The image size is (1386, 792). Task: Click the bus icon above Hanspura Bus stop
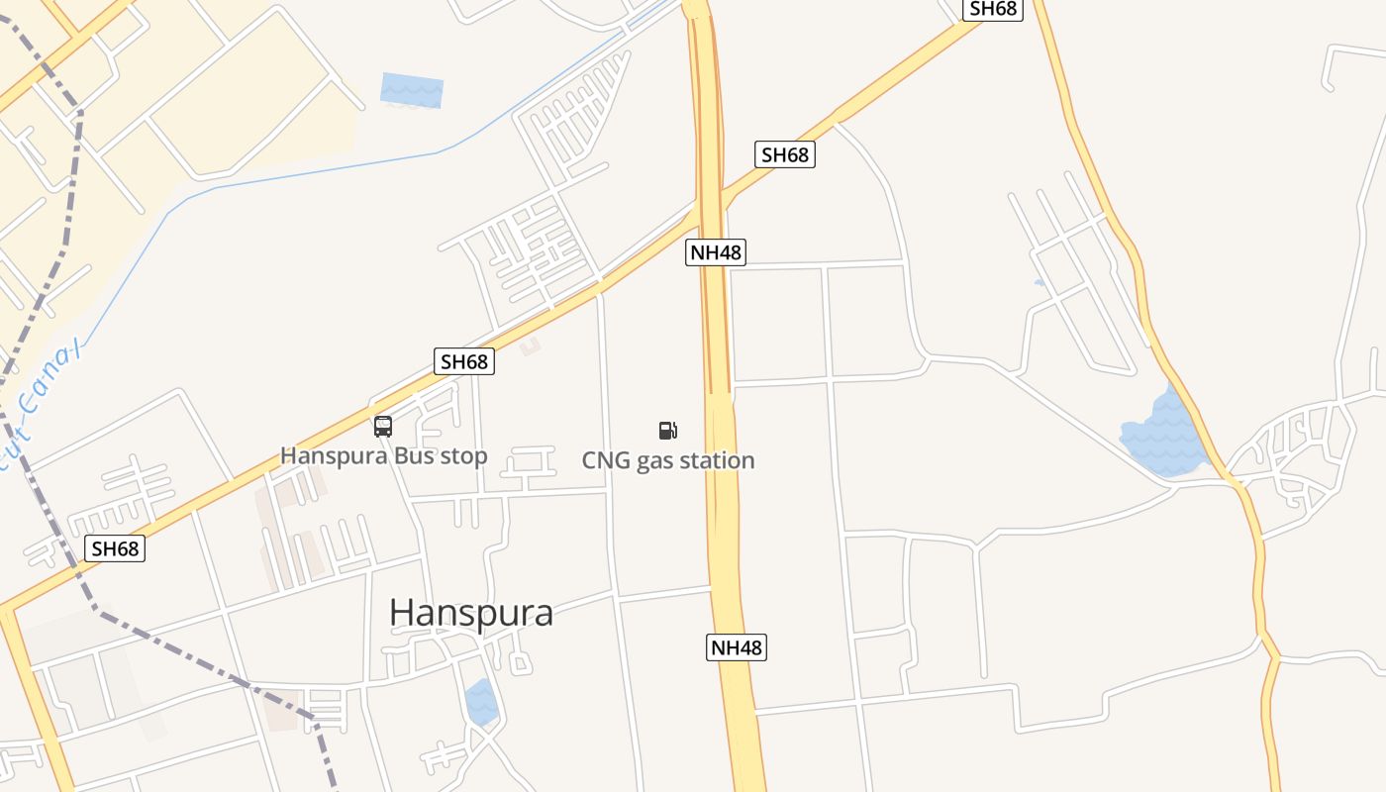(383, 427)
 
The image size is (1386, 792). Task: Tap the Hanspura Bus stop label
(384, 456)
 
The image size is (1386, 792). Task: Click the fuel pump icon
(668, 430)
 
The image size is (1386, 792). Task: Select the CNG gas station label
(668, 460)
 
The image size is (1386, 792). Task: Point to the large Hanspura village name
(471, 613)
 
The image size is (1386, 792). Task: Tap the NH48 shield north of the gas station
(716, 252)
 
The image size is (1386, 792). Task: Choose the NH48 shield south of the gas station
(738, 648)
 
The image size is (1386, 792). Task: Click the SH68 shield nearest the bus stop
(464, 361)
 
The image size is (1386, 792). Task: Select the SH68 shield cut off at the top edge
(993, 9)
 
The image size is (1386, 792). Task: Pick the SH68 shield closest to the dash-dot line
(115, 548)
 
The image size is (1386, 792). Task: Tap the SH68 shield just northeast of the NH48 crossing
(785, 154)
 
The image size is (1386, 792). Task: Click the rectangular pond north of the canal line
(412, 90)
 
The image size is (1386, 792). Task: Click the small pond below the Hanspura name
(481, 701)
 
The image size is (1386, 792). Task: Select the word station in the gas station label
(717, 460)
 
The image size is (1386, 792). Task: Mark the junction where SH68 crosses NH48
(711, 203)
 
